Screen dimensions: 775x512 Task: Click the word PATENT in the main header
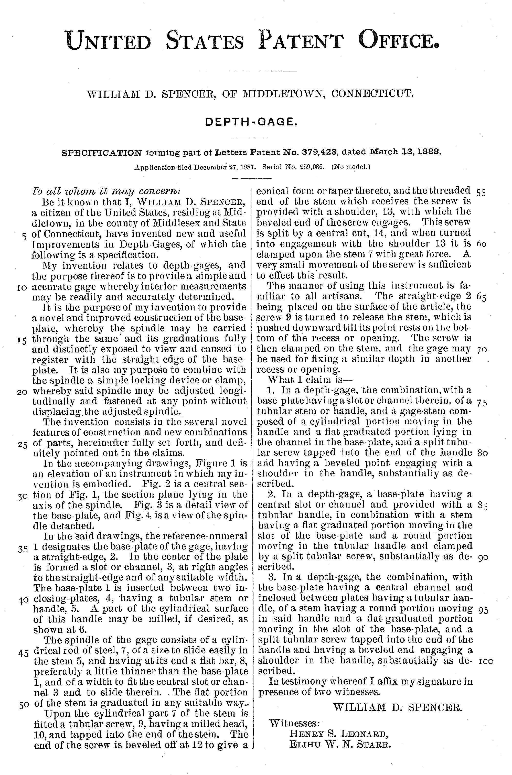pos(300,40)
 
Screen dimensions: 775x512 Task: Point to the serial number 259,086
pos(307,167)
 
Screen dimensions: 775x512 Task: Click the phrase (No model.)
pos(351,167)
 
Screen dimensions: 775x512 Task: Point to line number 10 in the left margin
pos(22,287)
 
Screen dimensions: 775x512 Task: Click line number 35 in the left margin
pos(23,549)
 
